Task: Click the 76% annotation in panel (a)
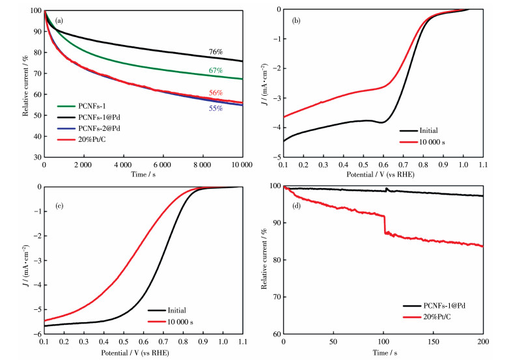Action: [216, 52]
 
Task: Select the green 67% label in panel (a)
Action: [216, 70]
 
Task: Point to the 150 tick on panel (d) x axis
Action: [433, 343]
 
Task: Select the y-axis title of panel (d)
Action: [264, 260]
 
